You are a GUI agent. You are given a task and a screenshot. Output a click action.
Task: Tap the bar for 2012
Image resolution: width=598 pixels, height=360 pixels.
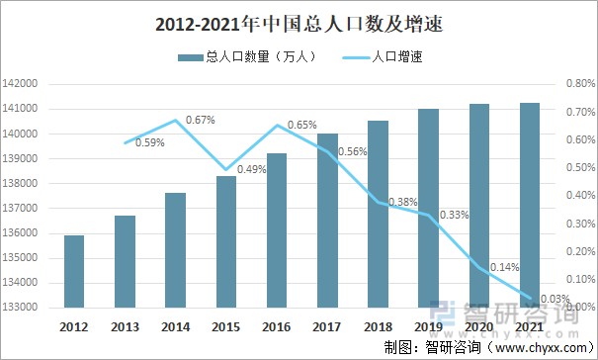click(x=74, y=271)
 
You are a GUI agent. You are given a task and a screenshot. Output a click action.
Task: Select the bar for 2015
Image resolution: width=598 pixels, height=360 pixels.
click(x=226, y=241)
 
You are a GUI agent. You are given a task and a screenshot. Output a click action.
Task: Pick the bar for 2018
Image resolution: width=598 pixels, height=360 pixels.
click(x=379, y=214)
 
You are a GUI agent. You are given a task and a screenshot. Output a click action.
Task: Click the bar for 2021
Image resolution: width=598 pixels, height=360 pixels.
click(x=530, y=205)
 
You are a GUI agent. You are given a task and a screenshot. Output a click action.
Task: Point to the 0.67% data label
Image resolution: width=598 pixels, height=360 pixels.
click(x=200, y=120)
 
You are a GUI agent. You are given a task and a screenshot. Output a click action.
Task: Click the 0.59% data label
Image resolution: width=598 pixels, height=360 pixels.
click(x=149, y=142)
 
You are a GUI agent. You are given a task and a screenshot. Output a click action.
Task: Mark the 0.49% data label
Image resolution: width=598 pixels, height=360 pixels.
click(x=251, y=169)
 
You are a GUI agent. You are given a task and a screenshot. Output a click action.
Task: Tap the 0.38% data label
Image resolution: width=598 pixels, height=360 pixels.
click(x=403, y=202)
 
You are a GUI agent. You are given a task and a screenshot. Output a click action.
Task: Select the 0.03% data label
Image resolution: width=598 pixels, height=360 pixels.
click(x=555, y=299)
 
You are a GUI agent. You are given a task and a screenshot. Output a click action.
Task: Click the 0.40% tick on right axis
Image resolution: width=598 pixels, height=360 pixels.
click(x=577, y=196)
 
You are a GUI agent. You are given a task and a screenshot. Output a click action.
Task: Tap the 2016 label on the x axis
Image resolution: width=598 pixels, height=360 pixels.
click(x=277, y=325)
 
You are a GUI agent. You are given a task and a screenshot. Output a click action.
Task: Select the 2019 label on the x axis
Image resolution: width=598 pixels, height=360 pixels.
click(x=429, y=325)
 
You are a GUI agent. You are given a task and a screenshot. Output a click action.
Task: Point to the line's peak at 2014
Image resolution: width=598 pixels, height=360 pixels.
click(x=176, y=121)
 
